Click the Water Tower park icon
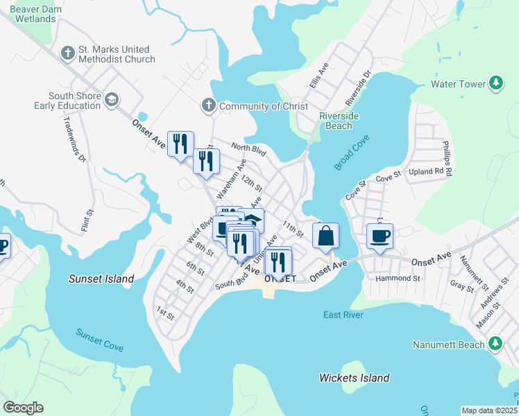496,84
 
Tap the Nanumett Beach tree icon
495,344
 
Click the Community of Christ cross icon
208,105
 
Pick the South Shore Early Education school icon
111,101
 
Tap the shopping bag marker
325,236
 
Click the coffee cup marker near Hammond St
380,236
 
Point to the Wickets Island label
354,378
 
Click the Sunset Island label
101,279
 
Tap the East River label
343,315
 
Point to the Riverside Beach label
339,121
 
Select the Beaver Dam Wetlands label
33,13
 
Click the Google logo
23,408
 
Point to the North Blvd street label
248,148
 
